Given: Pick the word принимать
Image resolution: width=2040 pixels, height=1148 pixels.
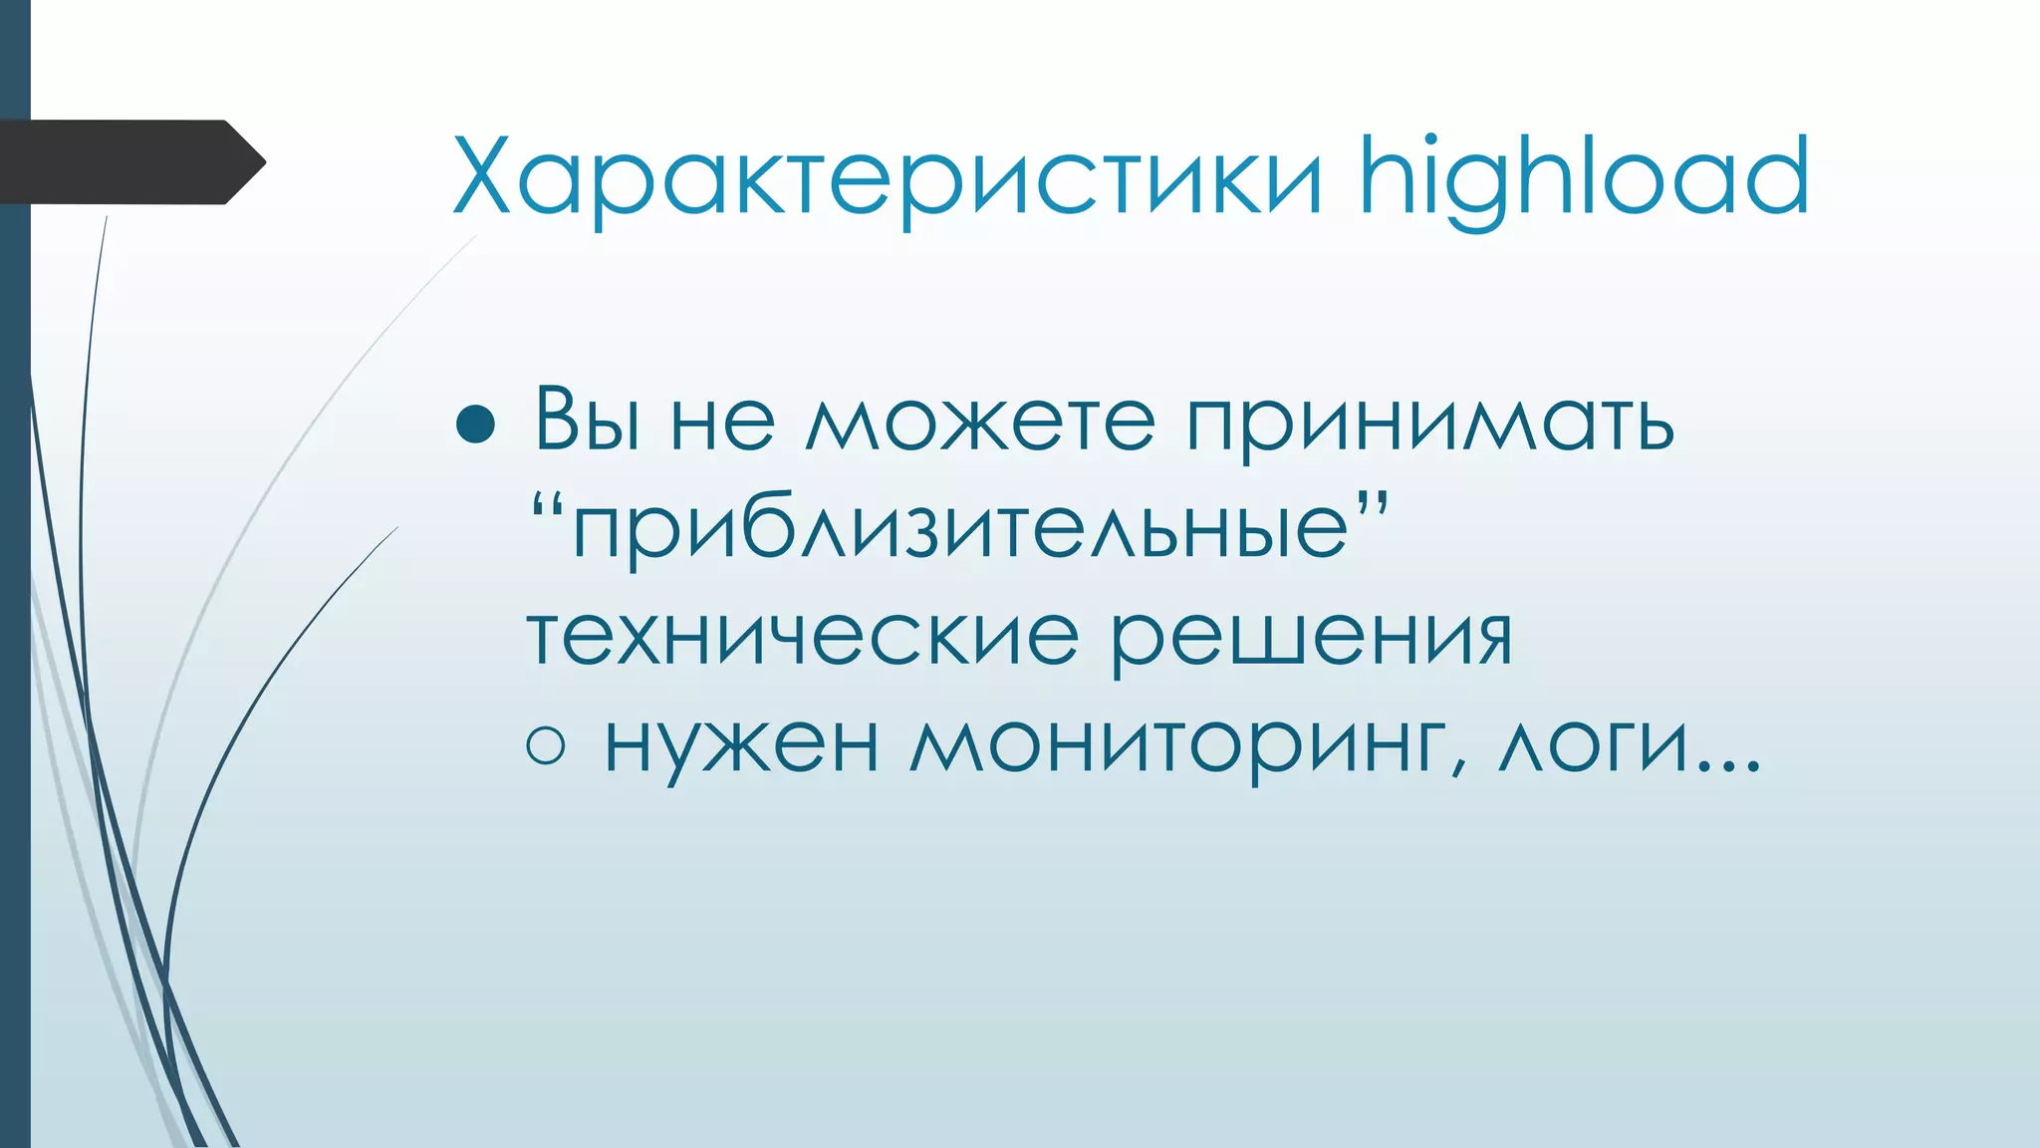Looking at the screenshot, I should coord(1429,425).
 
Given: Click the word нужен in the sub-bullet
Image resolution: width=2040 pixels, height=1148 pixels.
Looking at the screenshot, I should coord(741,745).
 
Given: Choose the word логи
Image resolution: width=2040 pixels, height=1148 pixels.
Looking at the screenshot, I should coord(1592,745).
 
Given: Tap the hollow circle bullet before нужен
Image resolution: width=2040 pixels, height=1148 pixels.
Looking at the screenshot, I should coord(546,745).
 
